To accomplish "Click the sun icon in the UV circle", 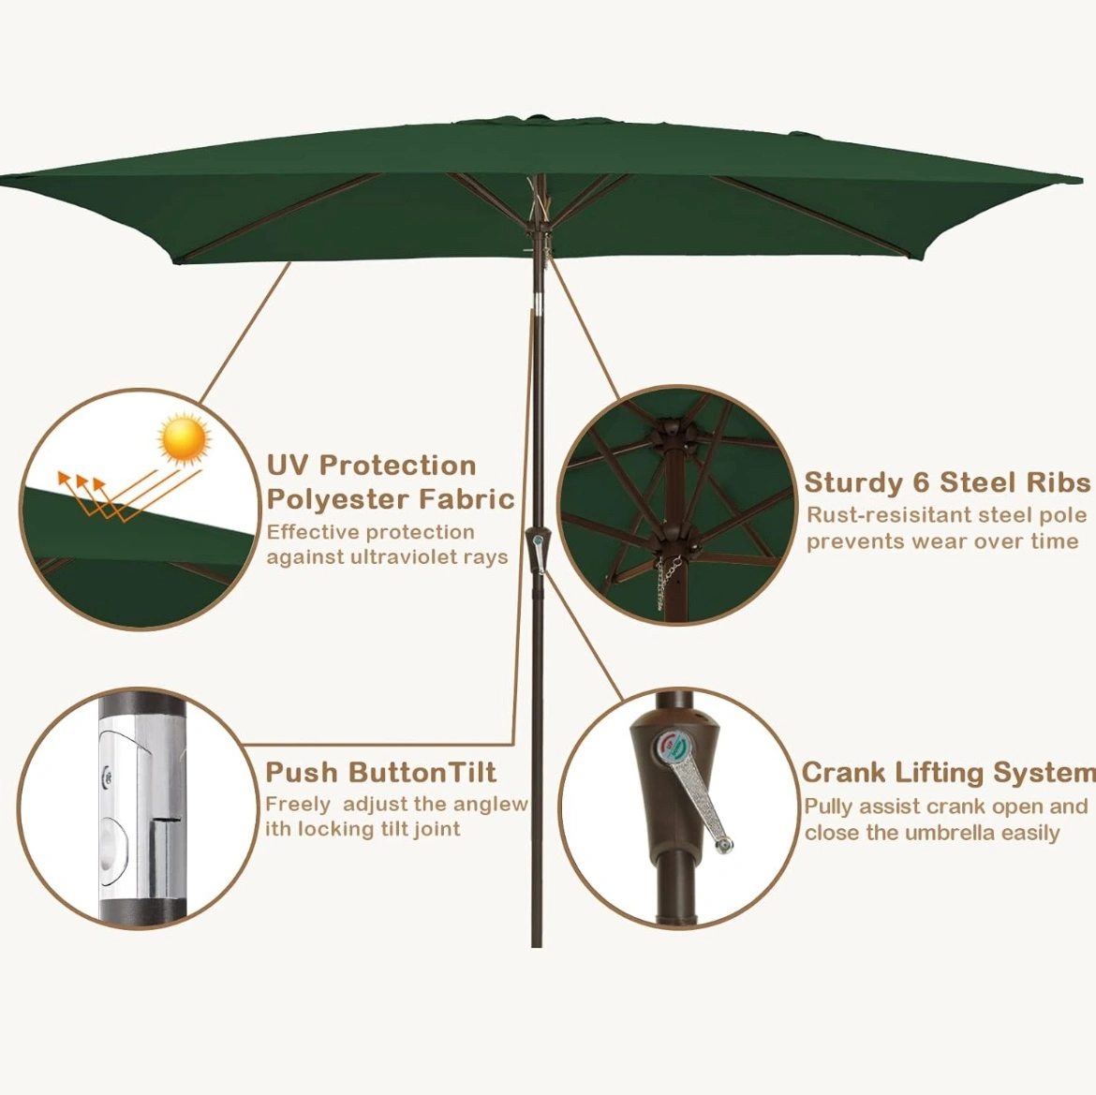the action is point(185,438).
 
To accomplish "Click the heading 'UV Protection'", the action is point(372,466).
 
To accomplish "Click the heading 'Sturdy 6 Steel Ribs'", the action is point(947,482).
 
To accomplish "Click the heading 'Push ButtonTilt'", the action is point(381,772).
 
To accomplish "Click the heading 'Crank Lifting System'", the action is point(949,772).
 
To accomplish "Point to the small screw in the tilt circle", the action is point(107,775).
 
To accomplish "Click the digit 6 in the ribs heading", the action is point(922,482).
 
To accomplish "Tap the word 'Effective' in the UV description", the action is point(313,532).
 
